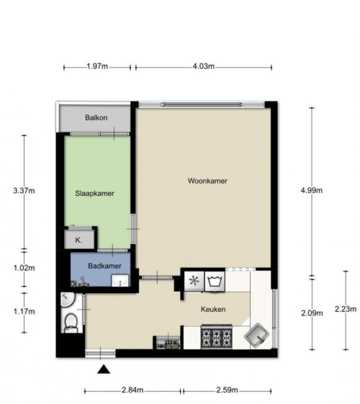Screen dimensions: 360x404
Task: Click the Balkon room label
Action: click(x=96, y=118)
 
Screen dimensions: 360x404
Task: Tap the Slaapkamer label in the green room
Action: click(x=94, y=194)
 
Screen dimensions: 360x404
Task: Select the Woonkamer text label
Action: click(x=207, y=181)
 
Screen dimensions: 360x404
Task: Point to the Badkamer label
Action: click(x=104, y=266)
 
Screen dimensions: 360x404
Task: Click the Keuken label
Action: click(x=213, y=309)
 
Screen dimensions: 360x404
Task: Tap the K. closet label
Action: click(x=78, y=241)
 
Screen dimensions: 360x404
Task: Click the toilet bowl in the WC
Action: click(x=71, y=323)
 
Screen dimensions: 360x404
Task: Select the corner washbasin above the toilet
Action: click(x=67, y=300)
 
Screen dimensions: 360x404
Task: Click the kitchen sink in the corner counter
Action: click(x=256, y=335)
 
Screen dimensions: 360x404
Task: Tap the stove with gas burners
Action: click(x=217, y=337)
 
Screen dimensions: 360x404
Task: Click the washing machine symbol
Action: click(x=215, y=281)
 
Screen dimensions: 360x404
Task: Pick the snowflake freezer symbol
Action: click(x=194, y=281)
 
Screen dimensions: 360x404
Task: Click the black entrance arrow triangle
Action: click(x=104, y=369)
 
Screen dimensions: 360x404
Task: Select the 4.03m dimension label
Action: click(x=204, y=66)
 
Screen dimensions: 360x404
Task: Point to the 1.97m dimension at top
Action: click(x=97, y=66)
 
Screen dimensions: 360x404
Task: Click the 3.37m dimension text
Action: click(x=24, y=191)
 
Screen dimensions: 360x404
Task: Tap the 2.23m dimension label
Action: click(x=346, y=309)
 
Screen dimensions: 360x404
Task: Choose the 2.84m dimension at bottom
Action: click(x=132, y=390)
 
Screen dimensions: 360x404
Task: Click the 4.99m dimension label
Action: click(x=312, y=190)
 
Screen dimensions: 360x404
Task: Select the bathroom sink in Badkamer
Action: click(x=120, y=281)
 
